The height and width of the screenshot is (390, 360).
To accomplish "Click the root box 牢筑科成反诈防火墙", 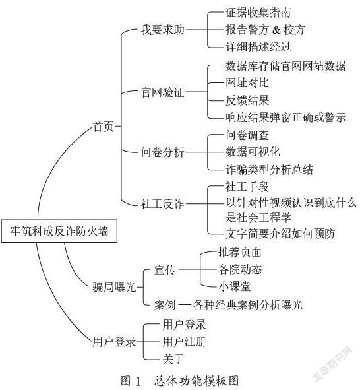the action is point(59,231).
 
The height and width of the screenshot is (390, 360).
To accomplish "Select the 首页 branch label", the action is point(104,126).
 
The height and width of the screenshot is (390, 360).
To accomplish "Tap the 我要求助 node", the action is point(163,30).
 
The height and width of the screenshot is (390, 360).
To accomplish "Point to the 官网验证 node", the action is point(163,92).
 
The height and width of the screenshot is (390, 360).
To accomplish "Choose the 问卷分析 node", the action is point(163,152).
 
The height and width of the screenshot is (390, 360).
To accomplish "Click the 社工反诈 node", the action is point(163,204).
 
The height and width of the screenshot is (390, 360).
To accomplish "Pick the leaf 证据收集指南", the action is point(258,13).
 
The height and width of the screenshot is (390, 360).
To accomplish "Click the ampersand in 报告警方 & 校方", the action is point(276,30).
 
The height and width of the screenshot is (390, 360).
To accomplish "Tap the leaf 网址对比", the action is point(247,82).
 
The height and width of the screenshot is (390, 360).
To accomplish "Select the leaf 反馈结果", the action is point(247,100).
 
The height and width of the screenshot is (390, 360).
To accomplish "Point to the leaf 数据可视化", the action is point(253,152).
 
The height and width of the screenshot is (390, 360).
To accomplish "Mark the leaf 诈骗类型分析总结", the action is point(269,170).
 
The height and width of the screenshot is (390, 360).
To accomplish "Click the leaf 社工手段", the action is point(247,187).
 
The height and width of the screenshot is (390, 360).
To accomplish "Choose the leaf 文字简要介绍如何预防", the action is point(280,234).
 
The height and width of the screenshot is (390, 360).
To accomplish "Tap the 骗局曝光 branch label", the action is point(114,287).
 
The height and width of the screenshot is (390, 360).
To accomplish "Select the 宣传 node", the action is point(165,270).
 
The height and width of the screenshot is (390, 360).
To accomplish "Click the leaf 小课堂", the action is point(235,286).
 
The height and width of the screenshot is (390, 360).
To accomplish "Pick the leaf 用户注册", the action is point(184,342).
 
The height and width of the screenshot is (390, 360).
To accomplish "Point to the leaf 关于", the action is point(173,359).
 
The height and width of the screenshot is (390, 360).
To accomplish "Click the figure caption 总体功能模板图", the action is point(196,381).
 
